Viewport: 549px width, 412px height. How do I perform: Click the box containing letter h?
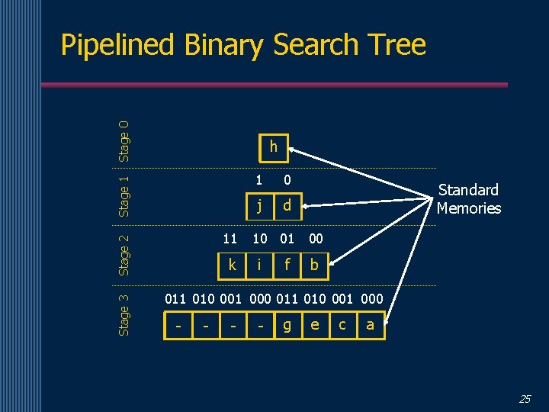(x=273, y=147)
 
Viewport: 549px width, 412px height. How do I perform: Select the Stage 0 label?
(x=124, y=137)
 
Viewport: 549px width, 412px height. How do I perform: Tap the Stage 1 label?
(x=124, y=196)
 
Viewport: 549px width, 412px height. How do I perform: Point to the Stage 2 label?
(x=124, y=253)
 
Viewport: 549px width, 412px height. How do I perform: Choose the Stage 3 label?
(x=124, y=314)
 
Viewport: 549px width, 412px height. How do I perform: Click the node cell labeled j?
(x=260, y=205)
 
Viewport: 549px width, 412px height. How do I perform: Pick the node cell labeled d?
(x=287, y=205)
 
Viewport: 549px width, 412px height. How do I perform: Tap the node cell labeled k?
(x=232, y=265)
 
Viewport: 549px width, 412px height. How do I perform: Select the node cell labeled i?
(x=260, y=265)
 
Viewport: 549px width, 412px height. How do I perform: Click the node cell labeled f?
(x=287, y=265)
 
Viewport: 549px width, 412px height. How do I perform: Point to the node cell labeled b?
(x=314, y=265)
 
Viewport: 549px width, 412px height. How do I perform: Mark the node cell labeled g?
(x=287, y=325)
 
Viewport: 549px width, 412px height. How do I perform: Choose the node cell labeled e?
(x=315, y=325)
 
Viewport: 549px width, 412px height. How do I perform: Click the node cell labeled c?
(x=342, y=325)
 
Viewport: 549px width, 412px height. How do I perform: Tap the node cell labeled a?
(x=370, y=325)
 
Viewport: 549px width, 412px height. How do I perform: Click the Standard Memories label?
(x=468, y=199)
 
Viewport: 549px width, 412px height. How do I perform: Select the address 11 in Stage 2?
(x=230, y=239)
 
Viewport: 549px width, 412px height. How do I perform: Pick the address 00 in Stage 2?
(x=316, y=239)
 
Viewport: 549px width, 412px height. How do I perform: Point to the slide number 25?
(x=525, y=398)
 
